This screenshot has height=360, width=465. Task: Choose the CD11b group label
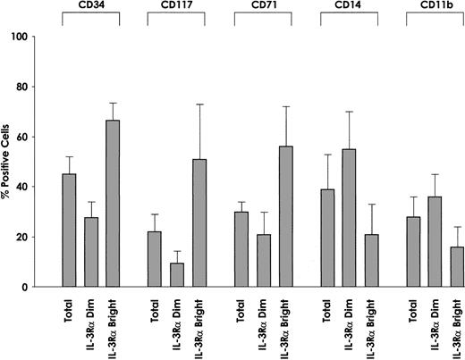point(431,8)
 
